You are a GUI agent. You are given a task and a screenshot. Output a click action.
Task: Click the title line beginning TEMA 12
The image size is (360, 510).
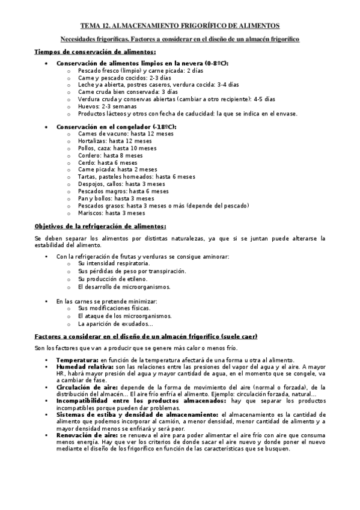pos(180,26)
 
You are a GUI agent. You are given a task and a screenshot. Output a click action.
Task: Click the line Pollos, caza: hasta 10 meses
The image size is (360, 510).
pos(117,148)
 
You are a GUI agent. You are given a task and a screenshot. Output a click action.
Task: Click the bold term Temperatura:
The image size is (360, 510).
pos(78,359)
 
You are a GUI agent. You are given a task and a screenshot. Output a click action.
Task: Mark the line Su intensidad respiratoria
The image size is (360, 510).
pos(114,263)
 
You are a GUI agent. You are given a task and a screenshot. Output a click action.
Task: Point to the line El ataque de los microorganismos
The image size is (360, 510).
pos(124,316)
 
